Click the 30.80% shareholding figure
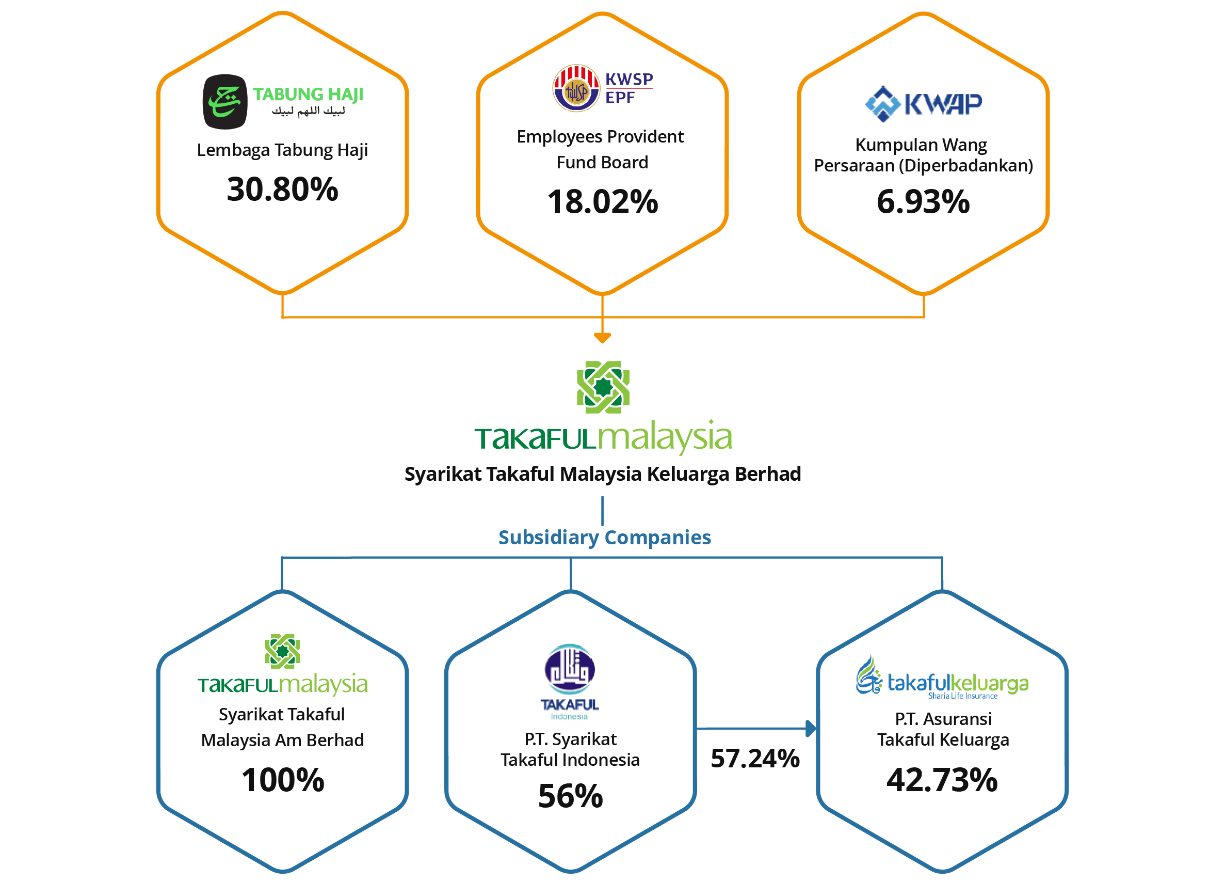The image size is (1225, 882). (282, 190)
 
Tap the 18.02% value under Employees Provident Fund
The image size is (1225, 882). (603, 201)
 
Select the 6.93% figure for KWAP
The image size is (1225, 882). (923, 201)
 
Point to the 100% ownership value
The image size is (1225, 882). (282, 780)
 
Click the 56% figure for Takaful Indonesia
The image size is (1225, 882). (570, 796)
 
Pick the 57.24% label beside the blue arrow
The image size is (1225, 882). (755, 759)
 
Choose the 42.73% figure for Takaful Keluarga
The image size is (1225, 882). (942, 780)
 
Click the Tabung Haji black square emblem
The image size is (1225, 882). (224, 102)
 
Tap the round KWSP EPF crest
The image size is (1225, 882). (576, 88)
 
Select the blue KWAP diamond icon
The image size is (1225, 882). (882, 104)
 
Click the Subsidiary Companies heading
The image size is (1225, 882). (604, 538)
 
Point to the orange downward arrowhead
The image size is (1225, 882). (602, 338)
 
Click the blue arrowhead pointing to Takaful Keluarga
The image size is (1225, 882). (811, 729)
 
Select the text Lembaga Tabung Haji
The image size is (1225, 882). (282, 150)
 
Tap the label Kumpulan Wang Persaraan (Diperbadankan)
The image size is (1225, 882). (923, 155)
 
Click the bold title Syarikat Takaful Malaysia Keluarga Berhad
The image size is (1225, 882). (603, 474)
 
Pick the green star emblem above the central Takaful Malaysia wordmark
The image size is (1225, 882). (603, 387)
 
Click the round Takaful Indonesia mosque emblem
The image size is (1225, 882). (570, 669)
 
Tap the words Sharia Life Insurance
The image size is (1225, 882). (962, 696)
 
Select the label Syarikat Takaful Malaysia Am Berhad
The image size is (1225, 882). (282, 728)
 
